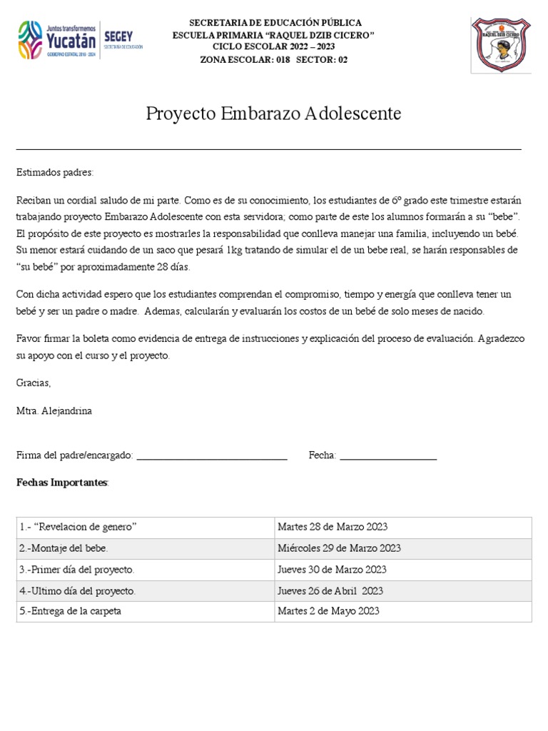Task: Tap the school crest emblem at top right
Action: click(500, 45)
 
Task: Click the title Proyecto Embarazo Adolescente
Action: click(273, 114)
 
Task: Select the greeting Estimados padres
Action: click(55, 173)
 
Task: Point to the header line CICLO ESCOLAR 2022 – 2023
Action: click(274, 47)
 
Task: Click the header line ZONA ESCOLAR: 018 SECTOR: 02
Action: click(274, 59)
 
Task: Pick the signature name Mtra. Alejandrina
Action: click(54, 411)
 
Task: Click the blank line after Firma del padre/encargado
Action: click(211, 457)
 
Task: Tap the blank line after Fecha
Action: click(388, 457)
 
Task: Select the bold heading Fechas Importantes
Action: click(62, 483)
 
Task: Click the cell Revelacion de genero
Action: click(78, 527)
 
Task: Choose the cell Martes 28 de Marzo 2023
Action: click(333, 527)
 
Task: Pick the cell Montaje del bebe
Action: click(64, 548)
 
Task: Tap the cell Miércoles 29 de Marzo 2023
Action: click(339, 548)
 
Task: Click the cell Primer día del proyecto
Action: click(77, 570)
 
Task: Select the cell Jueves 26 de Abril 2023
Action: click(330, 590)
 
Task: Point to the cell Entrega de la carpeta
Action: click(71, 611)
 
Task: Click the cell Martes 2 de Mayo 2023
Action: click(328, 611)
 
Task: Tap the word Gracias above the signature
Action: click(34, 383)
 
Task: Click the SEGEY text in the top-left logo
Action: click(118, 35)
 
